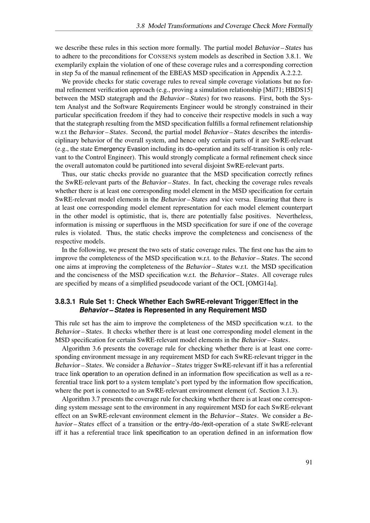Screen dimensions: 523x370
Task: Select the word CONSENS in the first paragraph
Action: pyautogui.click(x=162, y=56)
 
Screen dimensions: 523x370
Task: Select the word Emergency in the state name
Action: pyautogui.click(x=110, y=149)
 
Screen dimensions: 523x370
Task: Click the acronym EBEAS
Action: pyautogui.click(x=181, y=73)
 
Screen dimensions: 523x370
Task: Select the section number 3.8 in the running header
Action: pyautogui.click(x=141, y=26)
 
